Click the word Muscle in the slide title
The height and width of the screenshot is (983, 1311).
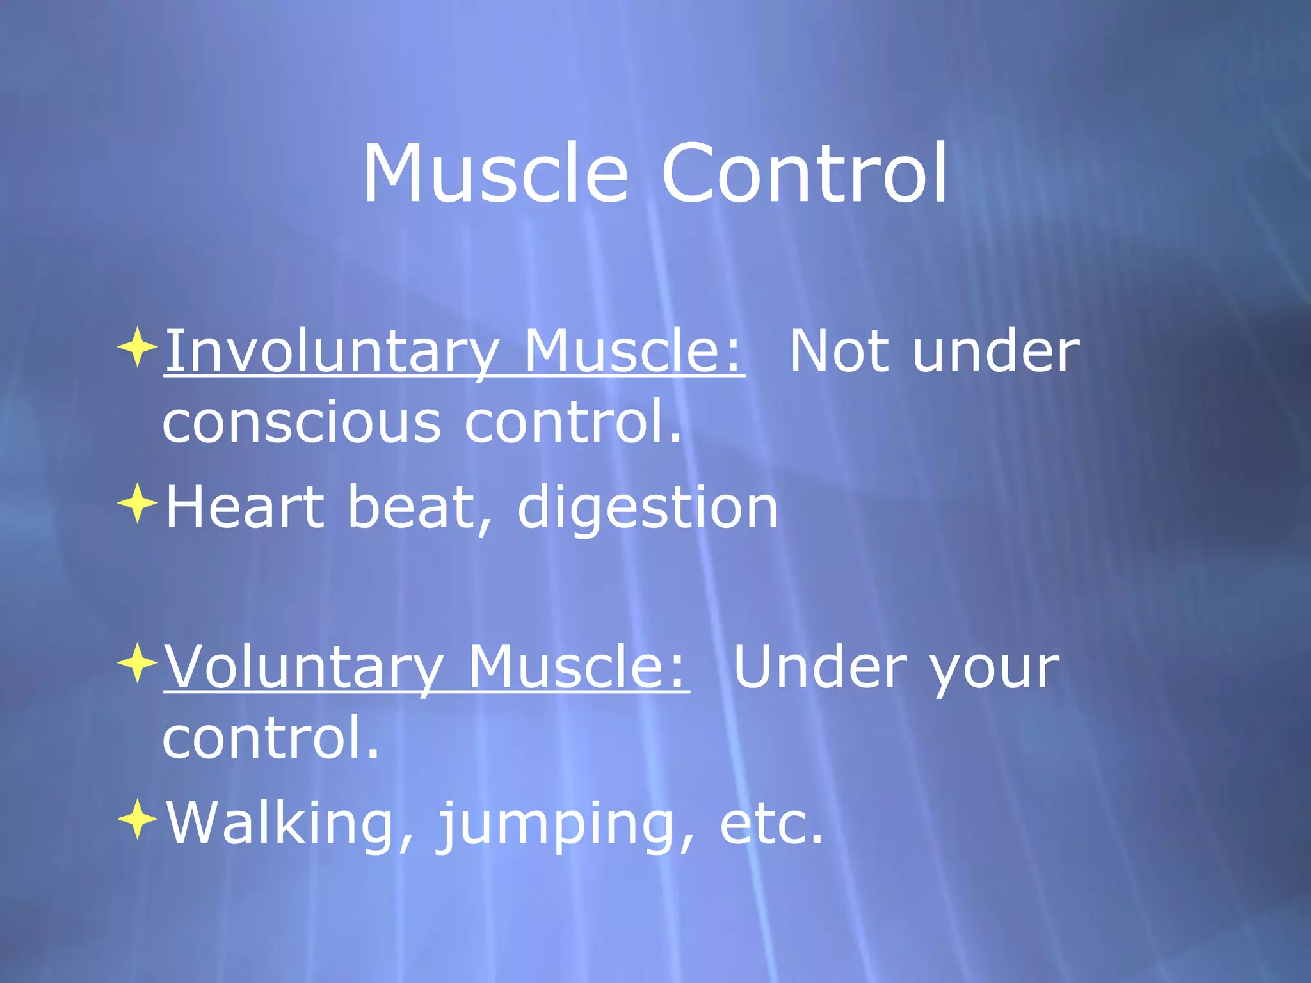coord(495,173)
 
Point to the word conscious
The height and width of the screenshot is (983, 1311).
coord(302,423)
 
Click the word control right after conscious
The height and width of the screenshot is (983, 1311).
coord(573,423)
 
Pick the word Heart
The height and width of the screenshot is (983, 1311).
coord(245,507)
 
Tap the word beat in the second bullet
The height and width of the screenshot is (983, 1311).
coord(419,507)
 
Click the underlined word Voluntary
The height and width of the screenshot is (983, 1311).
coord(304,667)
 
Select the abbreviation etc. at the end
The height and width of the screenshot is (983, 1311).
coord(771,824)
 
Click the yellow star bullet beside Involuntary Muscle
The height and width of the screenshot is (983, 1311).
coord(138,348)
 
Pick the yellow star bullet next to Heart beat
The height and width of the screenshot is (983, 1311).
coord(138,504)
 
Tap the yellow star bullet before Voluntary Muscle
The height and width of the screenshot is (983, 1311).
coord(138,663)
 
